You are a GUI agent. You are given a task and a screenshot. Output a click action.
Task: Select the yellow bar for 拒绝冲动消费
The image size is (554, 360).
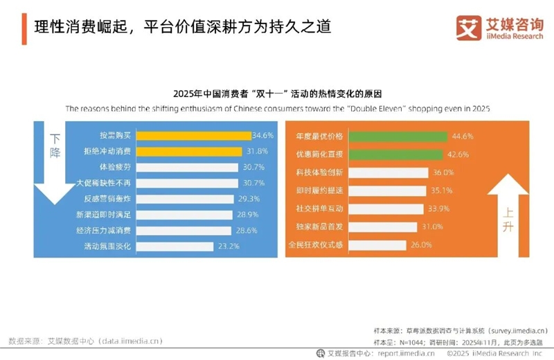pos(189,152)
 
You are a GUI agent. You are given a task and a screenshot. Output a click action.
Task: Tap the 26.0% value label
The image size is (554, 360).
pos(421,244)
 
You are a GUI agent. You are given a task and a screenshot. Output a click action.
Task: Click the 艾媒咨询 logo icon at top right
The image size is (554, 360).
pos(469,27)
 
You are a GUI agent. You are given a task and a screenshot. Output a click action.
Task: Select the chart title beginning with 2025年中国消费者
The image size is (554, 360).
pos(277,93)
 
